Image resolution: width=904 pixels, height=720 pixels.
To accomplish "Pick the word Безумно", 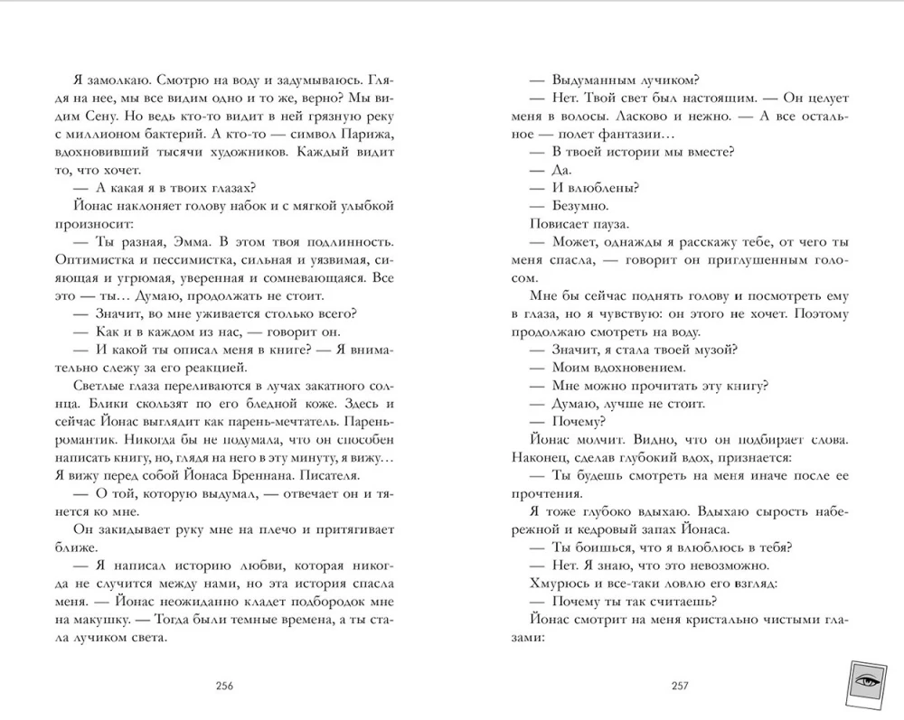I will (579, 205).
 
